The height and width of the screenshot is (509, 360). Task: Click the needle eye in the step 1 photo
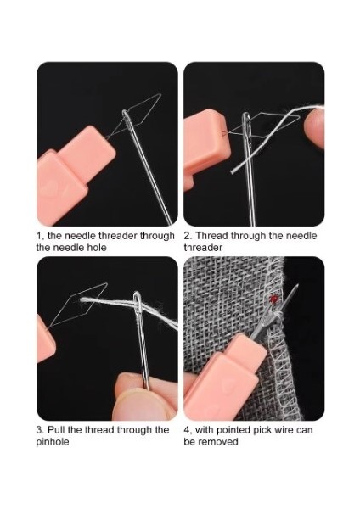(x=126, y=116)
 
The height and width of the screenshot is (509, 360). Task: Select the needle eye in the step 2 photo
(x=246, y=122)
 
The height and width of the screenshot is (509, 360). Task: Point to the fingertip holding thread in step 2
(x=314, y=127)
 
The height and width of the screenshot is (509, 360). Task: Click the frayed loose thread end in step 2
(x=233, y=171)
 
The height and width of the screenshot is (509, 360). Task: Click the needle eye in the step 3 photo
(x=138, y=303)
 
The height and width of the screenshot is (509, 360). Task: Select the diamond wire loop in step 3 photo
(x=79, y=305)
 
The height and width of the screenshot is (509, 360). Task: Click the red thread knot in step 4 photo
(x=274, y=299)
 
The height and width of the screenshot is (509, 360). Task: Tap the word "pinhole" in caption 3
(x=53, y=442)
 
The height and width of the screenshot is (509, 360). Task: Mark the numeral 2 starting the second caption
(x=187, y=236)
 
